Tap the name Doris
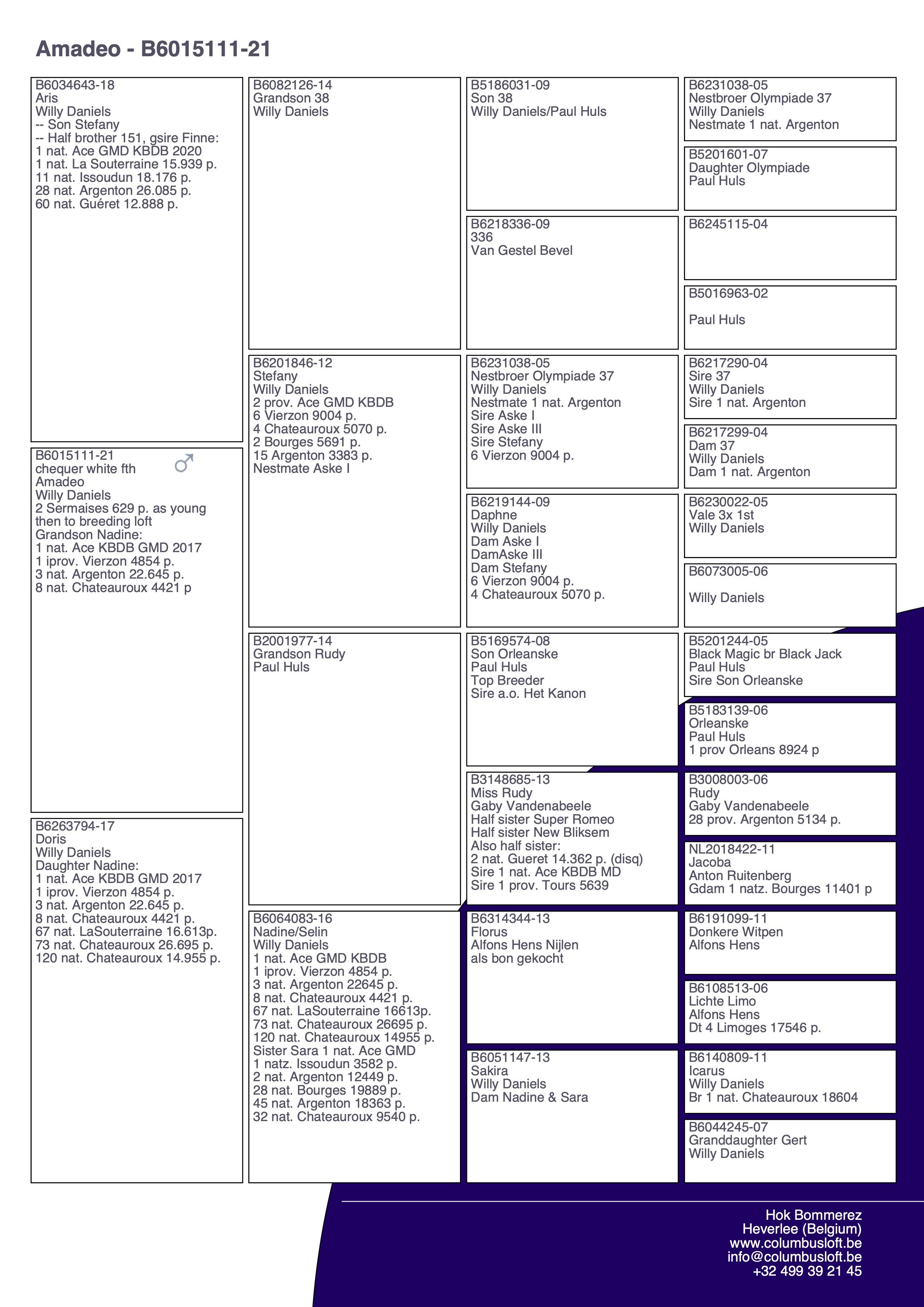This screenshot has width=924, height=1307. tap(51, 839)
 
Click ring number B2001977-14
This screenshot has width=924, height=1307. tap(293, 641)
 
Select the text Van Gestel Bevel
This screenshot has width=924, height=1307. tap(521, 250)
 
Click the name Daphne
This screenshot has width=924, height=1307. tap(493, 515)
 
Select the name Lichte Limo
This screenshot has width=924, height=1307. tap(722, 1001)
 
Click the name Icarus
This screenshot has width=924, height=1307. tap(707, 1071)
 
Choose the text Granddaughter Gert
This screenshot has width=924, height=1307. tap(748, 1140)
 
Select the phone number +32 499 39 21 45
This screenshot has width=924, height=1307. tap(807, 1270)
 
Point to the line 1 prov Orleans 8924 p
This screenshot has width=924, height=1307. tap(754, 750)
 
